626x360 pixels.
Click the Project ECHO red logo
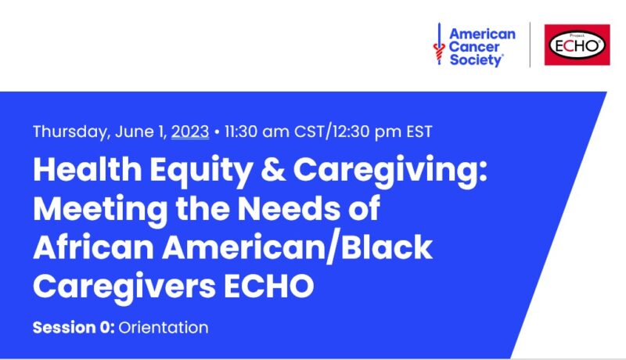click(577, 45)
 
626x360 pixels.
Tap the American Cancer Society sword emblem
click(439, 44)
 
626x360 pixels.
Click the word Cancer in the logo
click(474, 47)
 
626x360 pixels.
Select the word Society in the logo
click(476, 60)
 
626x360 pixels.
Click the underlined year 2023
click(190, 131)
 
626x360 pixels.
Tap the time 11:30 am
click(257, 131)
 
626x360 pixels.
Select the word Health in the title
click(87, 170)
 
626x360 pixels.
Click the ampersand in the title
click(273, 170)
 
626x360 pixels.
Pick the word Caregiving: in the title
click(390, 171)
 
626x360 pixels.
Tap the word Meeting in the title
click(100, 210)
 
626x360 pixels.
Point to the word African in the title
click(93, 247)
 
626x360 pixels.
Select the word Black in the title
click(387, 247)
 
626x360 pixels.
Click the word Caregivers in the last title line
click(124, 287)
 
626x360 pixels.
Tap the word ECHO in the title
click(268, 286)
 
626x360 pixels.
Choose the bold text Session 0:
click(74, 328)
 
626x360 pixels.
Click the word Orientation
click(164, 328)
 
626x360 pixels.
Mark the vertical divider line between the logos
click(531, 45)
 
